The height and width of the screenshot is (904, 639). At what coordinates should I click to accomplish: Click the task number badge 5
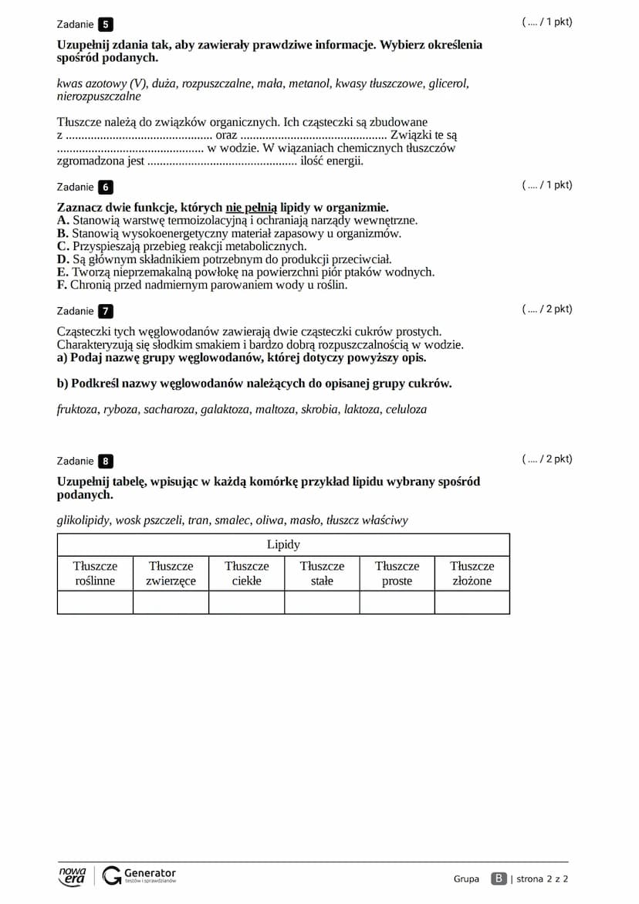pyautogui.click(x=106, y=24)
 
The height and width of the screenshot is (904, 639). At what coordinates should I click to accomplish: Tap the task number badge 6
pyautogui.click(x=106, y=187)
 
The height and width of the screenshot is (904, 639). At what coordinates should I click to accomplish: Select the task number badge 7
pyautogui.click(x=106, y=311)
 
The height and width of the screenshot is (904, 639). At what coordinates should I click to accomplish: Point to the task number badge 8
pyautogui.click(x=106, y=461)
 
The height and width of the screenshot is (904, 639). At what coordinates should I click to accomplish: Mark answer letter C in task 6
pyautogui.click(x=63, y=246)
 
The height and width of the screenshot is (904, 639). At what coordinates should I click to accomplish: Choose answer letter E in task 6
pyautogui.click(x=63, y=272)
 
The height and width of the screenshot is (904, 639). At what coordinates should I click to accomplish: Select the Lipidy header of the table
pyautogui.click(x=283, y=544)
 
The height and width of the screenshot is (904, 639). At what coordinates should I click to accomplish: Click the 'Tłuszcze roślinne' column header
pyautogui.click(x=95, y=573)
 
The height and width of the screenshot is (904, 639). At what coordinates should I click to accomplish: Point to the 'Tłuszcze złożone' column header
pyautogui.click(x=472, y=573)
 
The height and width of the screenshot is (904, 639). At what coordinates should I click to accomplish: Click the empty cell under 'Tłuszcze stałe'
pyautogui.click(x=322, y=602)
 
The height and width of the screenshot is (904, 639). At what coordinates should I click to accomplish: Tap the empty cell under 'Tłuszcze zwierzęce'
pyautogui.click(x=171, y=602)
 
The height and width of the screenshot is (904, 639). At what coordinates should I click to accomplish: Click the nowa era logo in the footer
pyautogui.click(x=73, y=875)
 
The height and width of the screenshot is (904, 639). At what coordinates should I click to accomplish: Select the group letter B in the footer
pyautogui.click(x=499, y=879)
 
